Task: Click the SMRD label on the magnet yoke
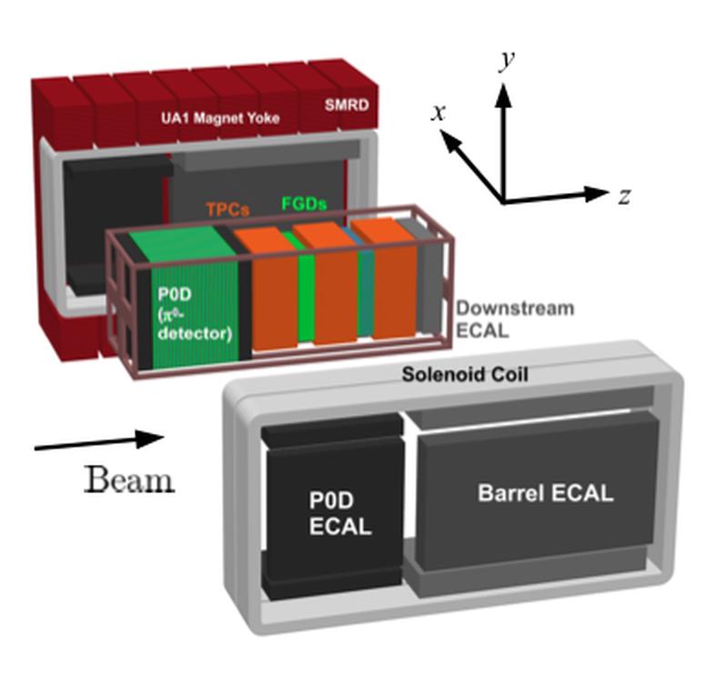pyautogui.click(x=347, y=105)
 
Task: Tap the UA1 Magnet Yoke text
pyautogui.click(x=220, y=118)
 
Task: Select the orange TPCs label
pyautogui.click(x=228, y=209)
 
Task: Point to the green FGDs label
pyautogui.click(x=304, y=204)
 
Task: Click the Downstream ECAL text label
pyautogui.click(x=514, y=319)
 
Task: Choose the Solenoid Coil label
pyautogui.click(x=465, y=374)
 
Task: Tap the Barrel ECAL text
pyautogui.click(x=545, y=492)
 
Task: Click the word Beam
pyautogui.click(x=129, y=479)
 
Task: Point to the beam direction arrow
pyautogui.click(x=99, y=441)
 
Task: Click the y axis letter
pyautogui.click(x=507, y=61)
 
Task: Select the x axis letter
pyautogui.click(x=439, y=113)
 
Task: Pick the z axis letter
pyautogui.click(x=624, y=197)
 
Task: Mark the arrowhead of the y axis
pyautogui.click(x=503, y=95)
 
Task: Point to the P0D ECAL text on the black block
pyautogui.click(x=340, y=513)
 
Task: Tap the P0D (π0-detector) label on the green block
pyautogui.click(x=195, y=314)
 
